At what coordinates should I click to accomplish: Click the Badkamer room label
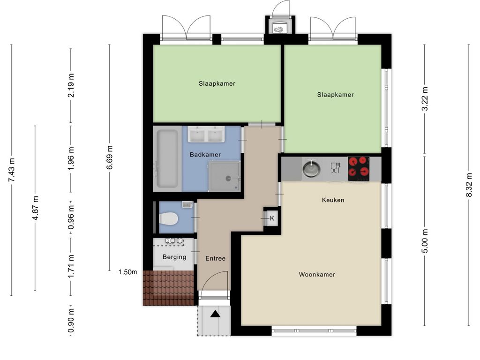coord(205,155)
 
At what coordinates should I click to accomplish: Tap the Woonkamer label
coord(317,275)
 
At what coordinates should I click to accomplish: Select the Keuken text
coord(333,200)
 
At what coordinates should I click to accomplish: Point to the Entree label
coord(216,258)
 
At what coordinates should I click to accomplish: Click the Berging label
coord(174,257)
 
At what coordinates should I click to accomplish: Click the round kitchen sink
coord(311,168)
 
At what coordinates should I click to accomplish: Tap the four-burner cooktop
coord(359,169)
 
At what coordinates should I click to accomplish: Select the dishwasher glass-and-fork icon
coord(336,168)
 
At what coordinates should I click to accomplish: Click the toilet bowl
coord(168,219)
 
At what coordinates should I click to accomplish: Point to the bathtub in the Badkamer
coord(167,159)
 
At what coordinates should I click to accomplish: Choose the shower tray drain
coord(228,178)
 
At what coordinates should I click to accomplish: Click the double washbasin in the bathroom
coord(206,135)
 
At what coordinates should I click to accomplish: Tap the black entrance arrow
coord(215,314)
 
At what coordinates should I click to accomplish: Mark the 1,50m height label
coord(127,272)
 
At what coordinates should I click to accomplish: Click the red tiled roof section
coord(169,288)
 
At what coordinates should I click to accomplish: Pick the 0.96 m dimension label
coord(71,217)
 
